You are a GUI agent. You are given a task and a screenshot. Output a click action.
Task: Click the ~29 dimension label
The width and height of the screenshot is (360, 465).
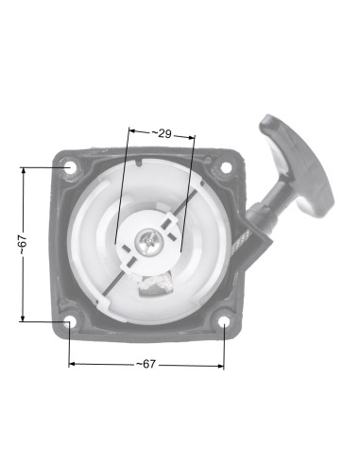[162, 133]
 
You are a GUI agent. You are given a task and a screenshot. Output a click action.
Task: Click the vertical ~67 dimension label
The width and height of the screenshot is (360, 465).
[24, 245]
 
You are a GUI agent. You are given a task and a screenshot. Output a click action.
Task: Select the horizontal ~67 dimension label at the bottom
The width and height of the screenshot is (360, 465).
[146, 364]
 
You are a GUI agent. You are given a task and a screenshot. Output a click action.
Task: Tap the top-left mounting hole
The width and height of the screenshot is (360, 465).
[69, 167]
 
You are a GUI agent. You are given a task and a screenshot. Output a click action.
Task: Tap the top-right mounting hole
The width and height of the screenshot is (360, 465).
[226, 167]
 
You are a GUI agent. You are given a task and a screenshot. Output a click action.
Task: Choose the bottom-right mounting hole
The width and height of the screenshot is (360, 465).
[224, 323]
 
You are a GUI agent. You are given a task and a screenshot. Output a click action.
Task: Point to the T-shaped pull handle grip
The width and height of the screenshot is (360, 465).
[297, 166]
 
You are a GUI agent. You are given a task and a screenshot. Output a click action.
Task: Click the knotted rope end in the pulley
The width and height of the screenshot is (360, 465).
[155, 284]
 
